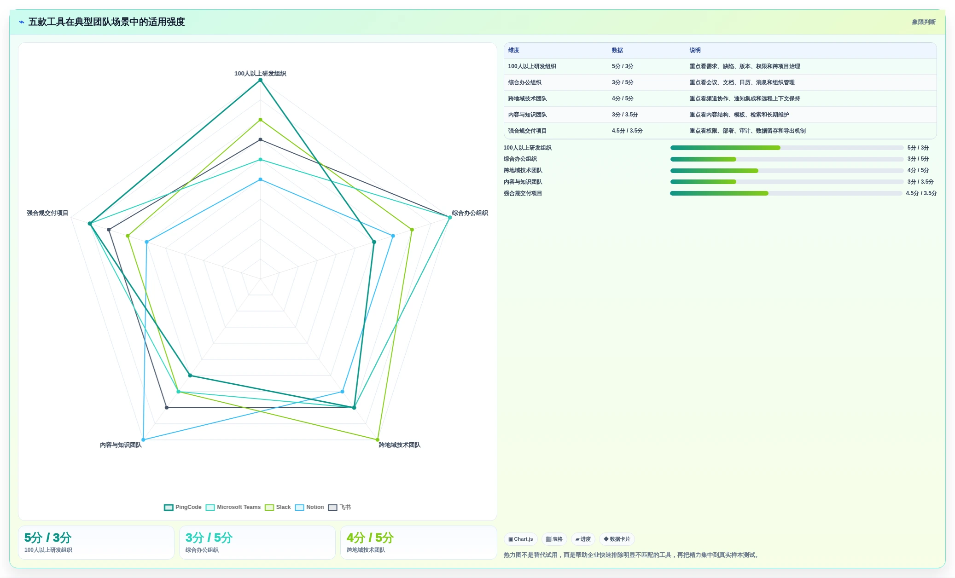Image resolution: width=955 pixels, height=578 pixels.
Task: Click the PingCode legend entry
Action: [183, 507]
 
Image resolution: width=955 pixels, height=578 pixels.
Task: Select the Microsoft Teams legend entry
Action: [233, 507]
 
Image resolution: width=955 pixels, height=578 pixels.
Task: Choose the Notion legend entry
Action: [309, 507]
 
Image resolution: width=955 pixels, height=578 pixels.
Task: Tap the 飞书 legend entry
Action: [339, 507]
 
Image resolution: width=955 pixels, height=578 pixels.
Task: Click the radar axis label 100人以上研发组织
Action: [260, 73]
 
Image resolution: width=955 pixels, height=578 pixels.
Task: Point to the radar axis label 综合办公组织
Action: [470, 213]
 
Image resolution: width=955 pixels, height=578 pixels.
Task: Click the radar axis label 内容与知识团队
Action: [121, 445]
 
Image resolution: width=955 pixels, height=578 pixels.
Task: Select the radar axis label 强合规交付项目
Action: [47, 213]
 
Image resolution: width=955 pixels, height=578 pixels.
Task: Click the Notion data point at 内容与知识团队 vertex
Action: [143, 439]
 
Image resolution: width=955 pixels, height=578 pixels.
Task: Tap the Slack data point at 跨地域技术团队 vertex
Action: [378, 439]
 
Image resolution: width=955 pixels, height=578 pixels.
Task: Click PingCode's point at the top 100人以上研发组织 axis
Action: [260, 80]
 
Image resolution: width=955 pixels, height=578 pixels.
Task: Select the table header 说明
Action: [695, 50]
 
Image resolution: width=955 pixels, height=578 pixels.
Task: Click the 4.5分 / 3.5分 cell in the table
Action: [627, 131]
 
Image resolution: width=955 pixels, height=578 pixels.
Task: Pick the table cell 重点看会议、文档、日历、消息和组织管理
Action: [742, 82]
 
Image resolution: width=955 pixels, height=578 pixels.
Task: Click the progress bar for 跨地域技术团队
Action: [786, 171]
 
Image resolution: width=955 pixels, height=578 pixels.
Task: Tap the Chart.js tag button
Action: [521, 539]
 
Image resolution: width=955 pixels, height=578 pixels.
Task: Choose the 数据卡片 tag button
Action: [617, 539]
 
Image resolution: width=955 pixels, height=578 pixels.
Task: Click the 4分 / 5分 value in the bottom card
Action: [370, 538]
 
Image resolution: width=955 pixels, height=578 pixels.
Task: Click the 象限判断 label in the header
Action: [924, 22]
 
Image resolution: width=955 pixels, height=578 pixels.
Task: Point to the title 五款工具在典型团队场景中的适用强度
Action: [107, 22]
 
